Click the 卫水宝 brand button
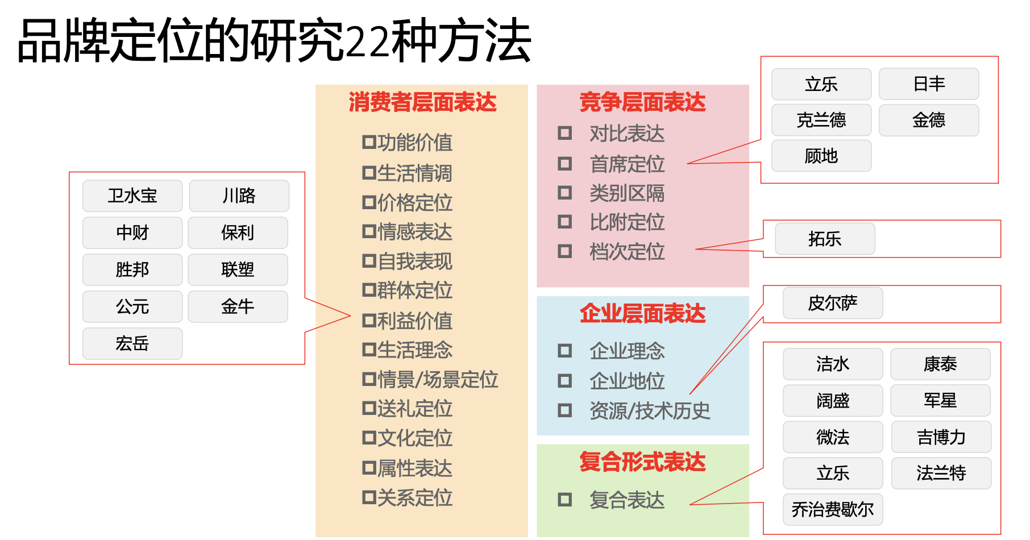click(132, 196)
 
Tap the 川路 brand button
click(239, 196)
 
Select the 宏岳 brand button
click(132, 343)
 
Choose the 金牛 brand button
click(238, 307)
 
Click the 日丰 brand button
click(929, 84)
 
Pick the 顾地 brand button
click(821, 156)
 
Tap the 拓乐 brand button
click(825, 239)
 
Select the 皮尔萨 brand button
click(833, 303)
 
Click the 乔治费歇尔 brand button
click(833, 509)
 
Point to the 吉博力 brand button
click(941, 437)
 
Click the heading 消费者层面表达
click(422, 102)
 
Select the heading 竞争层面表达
click(642, 102)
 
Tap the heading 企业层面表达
click(642, 314)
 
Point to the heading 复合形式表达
click(642, 462)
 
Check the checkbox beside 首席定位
click(564, 164)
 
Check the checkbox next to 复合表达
click(564, 500)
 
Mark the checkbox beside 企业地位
click(564, 380)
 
